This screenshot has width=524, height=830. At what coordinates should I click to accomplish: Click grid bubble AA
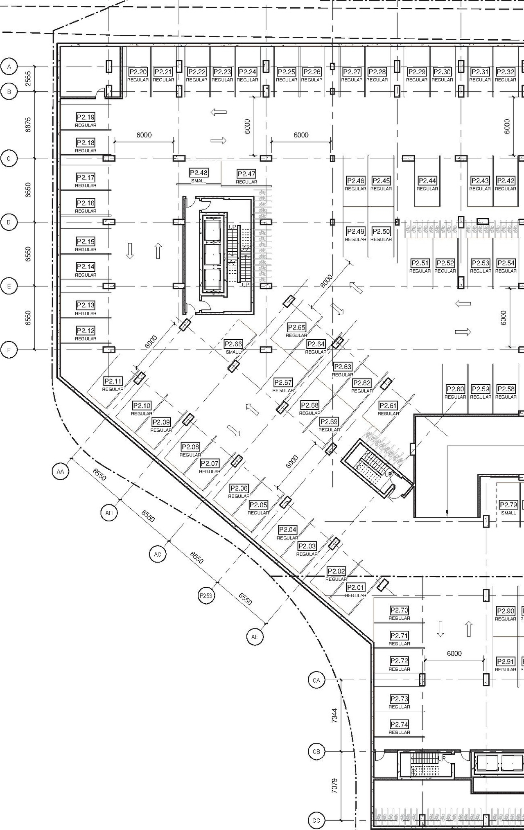[61, 472]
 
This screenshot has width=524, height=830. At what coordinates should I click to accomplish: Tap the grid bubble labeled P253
[206, 595]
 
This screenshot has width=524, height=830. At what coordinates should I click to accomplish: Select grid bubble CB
[316, 751]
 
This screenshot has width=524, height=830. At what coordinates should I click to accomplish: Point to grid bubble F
[9, 350]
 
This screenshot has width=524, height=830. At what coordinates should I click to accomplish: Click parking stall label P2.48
[199, 173]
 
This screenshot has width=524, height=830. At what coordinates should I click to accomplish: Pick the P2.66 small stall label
[233, 344]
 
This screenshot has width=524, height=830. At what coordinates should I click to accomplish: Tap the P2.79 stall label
[508, 505]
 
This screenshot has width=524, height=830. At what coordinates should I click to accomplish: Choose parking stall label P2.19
[86, 117]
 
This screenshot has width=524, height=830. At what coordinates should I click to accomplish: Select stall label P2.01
[355, 588]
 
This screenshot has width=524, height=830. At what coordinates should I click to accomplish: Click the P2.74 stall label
[399, 724]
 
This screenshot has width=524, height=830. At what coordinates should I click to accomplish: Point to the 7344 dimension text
[334, 716]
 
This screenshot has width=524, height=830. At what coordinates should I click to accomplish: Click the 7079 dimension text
[334, 786]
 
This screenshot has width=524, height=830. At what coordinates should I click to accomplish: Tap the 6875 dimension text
[28, 125]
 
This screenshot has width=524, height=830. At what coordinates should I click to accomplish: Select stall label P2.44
[427, 181]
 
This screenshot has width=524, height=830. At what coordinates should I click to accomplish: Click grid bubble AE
[255, 637]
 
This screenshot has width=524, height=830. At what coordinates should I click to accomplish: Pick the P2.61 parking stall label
[388, 406]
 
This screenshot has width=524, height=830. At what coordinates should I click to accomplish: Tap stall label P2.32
[505, 72]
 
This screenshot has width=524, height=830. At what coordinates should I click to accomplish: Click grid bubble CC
[316, 820]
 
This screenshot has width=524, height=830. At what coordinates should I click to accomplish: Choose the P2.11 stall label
[113, 381]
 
